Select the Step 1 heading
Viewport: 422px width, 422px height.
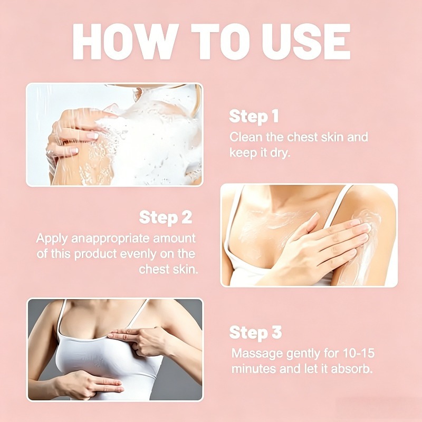(x=254, y=117)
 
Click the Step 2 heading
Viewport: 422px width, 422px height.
(x=166, y=217)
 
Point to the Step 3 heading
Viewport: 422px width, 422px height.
(x=255, y=333)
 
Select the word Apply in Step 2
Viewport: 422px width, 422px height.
(x=52, y=239)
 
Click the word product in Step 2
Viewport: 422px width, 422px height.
(x=95, y=254)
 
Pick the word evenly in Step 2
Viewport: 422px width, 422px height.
(x=138, y=254)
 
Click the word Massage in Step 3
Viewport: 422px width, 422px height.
(x=257, y=353)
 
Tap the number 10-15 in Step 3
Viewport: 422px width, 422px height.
(x=359, y=353)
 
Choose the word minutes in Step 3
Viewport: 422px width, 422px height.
(x=254, y=369)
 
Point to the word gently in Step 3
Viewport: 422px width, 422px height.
(x=303, y=354)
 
